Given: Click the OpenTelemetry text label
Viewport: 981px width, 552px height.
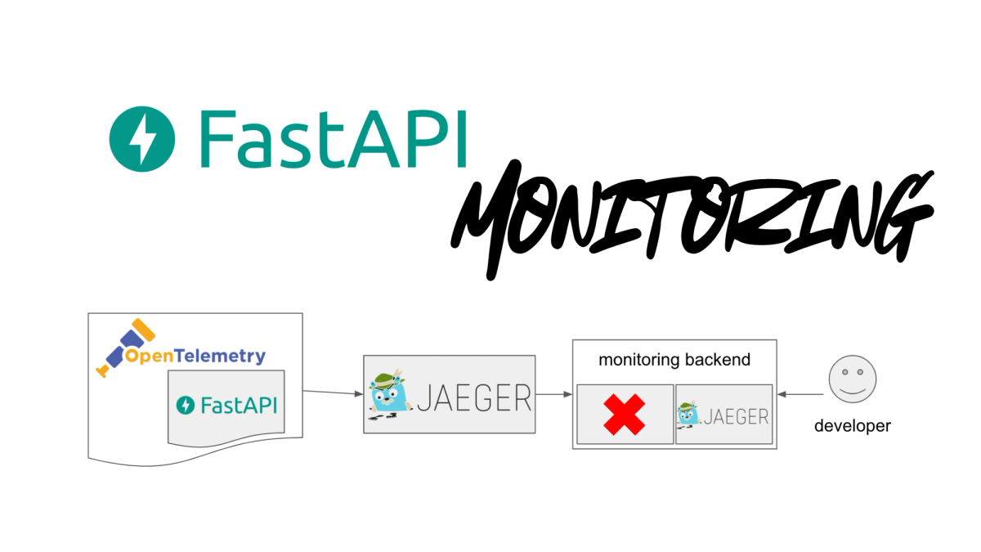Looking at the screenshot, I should tap(195, 357).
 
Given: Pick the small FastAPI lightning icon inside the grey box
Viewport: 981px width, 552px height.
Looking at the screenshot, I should tap(186, 405).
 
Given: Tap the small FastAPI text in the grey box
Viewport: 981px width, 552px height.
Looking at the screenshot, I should tap(238, 405).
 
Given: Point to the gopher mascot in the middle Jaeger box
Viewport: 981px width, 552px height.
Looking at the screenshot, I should tap(390, 397).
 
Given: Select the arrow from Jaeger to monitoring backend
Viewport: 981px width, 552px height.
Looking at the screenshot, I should tap(553, 394).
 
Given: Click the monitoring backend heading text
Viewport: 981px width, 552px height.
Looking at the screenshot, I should tap(674, 360).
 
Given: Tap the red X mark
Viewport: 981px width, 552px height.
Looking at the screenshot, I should tap(625, 415).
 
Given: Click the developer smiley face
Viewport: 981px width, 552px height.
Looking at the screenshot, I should tap(852, 379).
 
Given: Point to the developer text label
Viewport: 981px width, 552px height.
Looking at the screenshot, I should tap(852, 426).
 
